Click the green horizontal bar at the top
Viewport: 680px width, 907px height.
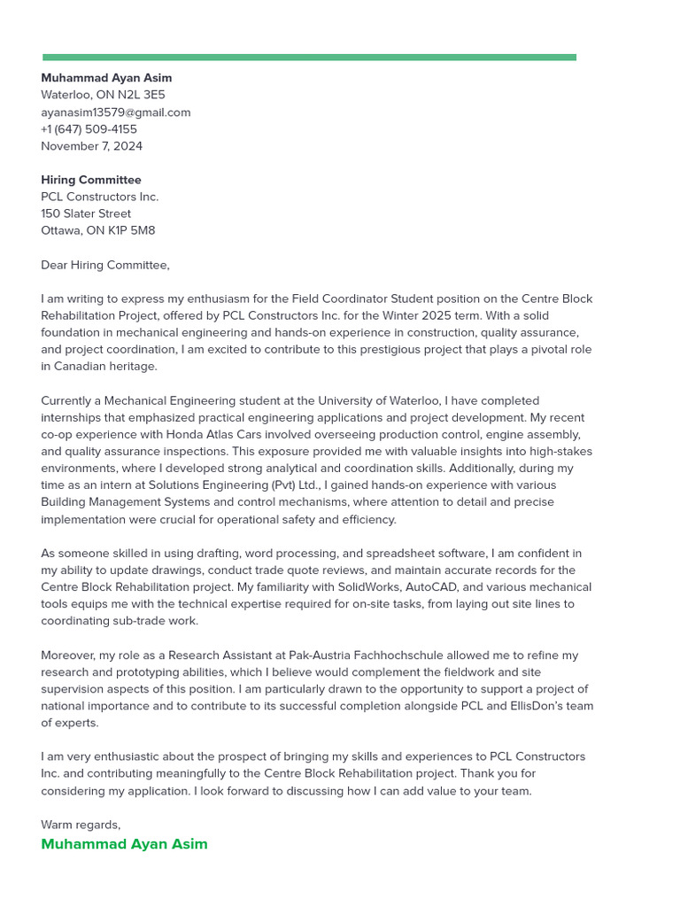309,58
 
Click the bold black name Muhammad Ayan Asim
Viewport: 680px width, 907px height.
106,78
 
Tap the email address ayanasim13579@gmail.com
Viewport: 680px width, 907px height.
115,112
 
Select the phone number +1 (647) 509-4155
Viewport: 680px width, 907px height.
89,129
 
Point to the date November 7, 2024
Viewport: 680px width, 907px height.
91,146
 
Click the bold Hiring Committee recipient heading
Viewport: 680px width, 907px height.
90,180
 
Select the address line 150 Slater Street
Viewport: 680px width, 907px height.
86,213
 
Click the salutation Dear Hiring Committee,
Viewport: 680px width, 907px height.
104,265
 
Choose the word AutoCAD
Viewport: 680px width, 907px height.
430,587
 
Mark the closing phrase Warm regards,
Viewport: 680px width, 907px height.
81,825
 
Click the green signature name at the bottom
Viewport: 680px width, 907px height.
124,844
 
